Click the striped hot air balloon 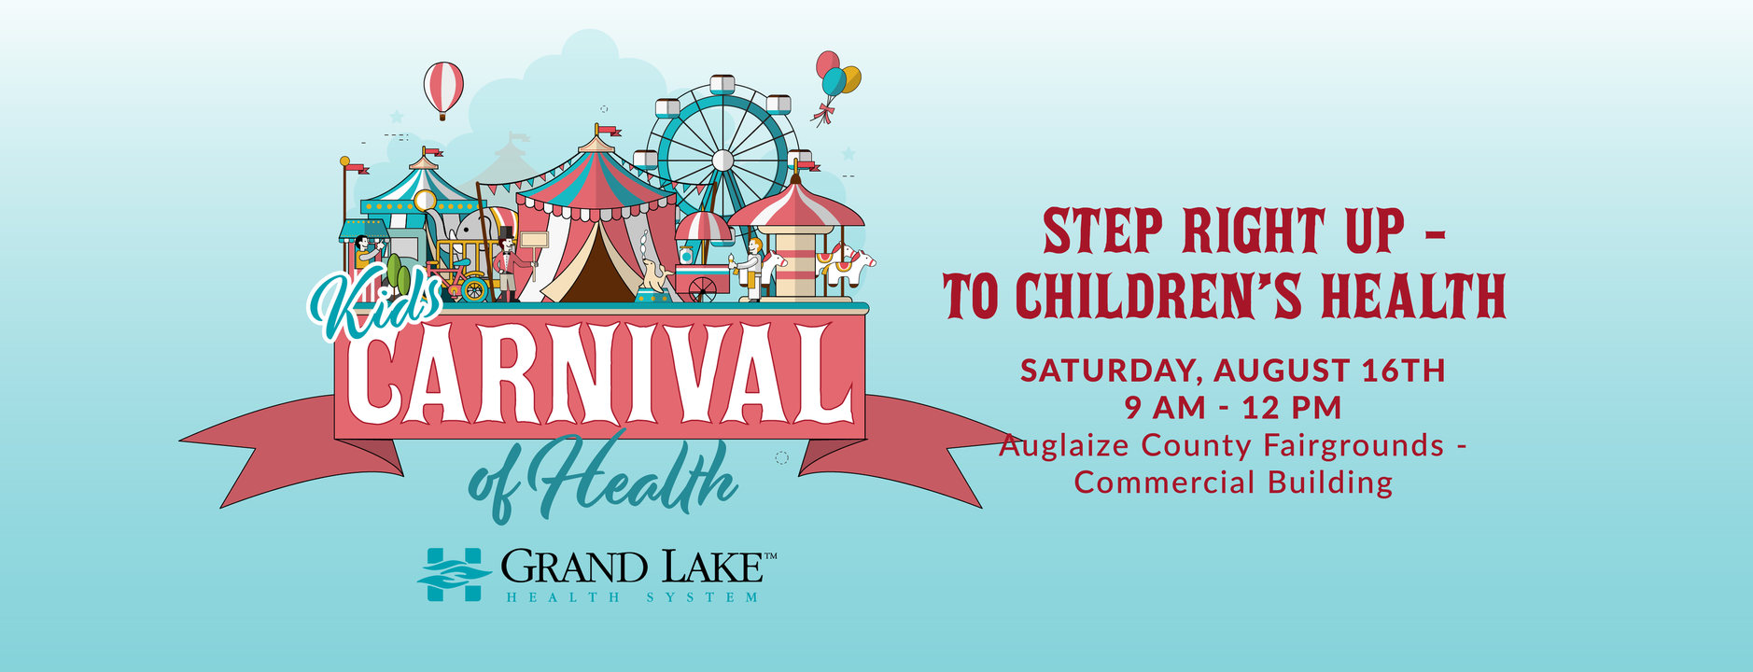(x=443, y=89)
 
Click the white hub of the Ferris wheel (x=722, y=161)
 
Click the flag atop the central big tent (x=608, y=131)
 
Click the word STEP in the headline (x=1102, y=232)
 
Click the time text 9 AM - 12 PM (x=1233, y=408)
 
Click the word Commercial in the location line (x=1165, y=483)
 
